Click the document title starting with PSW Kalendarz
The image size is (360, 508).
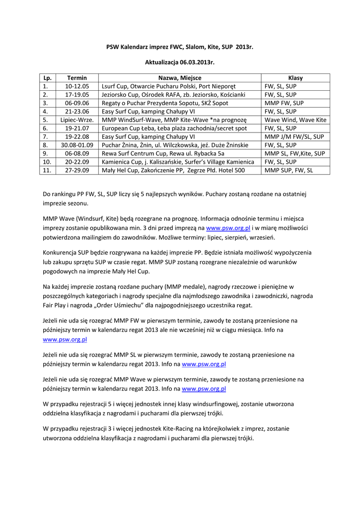pos(180,47)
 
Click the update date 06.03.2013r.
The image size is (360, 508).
pos(180,63)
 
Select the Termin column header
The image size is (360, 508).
pos(77,78)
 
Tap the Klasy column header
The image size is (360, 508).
pos(295,78)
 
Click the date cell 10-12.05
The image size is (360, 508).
pos(77,86)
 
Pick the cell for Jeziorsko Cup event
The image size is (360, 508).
pos(173,95)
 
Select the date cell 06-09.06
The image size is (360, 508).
pos(77,103)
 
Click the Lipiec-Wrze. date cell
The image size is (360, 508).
pos(77,120)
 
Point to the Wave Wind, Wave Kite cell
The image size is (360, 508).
pos(295,120)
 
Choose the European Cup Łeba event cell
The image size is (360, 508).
pos(174,128)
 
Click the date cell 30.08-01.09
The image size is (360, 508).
pos(77,145)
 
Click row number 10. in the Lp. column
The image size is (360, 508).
pos(47,162)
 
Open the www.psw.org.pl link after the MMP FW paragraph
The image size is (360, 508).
pos(65,340)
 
